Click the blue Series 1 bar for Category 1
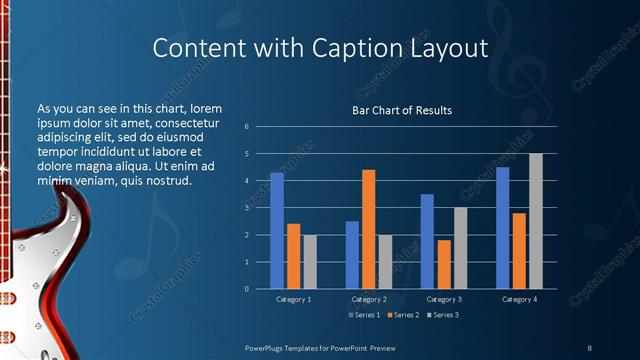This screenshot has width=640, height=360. (x=277, y=231)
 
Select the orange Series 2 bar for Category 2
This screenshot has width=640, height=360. (x=368, y=229)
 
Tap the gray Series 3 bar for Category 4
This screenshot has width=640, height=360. (x=536, y=221)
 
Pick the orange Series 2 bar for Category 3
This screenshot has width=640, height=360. (x=444, y=264)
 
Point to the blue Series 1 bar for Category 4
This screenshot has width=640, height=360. (x=502, y=228)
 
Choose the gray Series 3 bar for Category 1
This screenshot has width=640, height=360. (x=310, y=262)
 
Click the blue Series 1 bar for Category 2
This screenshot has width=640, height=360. (x=352, y=255)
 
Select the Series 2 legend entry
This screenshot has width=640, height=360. (x=400, y=315)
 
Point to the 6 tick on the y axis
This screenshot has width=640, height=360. (x=246, y=127)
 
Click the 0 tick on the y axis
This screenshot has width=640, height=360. (x=246, y=289)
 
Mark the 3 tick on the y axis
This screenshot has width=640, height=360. (x=246, y=208)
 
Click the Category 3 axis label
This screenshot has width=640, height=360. (x=444, y=299)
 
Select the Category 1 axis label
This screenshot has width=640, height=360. (x=293, y=299)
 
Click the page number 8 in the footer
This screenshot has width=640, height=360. (x=589, y=346)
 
